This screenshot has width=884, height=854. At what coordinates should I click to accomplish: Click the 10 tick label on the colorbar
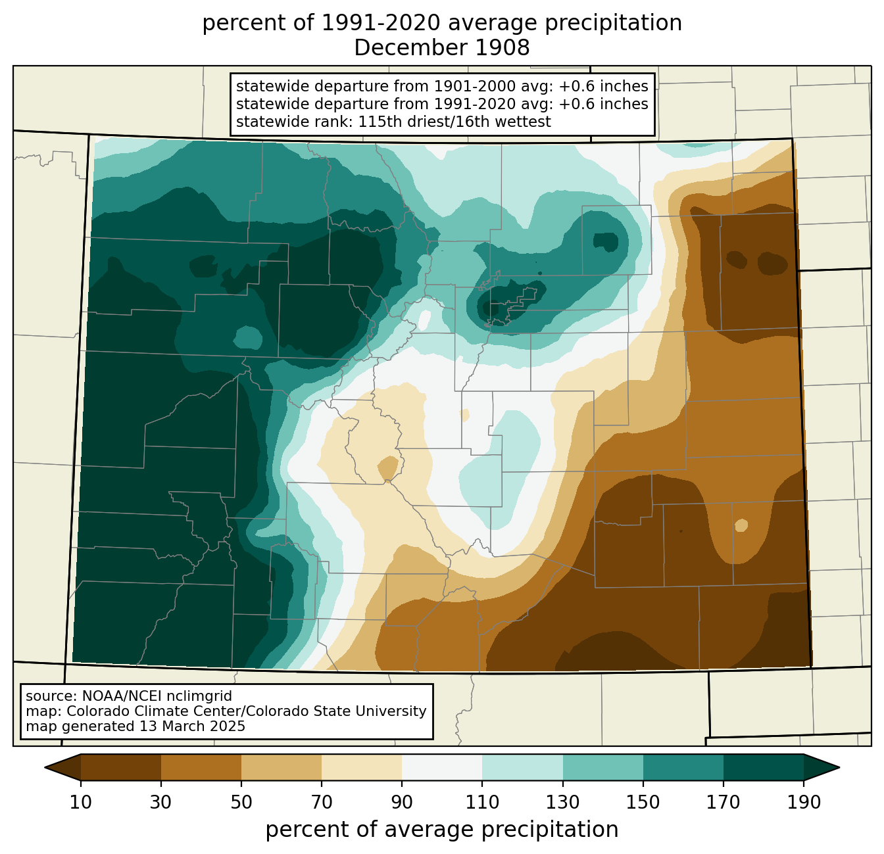(81, 803)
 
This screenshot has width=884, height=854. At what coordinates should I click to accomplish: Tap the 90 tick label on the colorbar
(402, 803)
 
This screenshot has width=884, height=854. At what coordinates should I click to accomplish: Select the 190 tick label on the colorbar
(804, 803)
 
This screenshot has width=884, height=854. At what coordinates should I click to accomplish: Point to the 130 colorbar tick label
(563, 803)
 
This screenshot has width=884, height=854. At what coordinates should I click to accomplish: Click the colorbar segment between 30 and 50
(201, 767)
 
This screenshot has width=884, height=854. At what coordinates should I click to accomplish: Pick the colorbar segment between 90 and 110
(442, 767)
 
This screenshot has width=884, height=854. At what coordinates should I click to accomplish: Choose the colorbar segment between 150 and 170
(683, 767)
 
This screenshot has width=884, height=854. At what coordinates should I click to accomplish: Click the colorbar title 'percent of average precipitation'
(442, 830)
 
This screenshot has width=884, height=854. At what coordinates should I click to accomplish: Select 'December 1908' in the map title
(442, 48)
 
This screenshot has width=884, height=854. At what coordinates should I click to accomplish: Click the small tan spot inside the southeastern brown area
(741, 525)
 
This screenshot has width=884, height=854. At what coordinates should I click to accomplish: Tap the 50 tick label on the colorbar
(241, 803)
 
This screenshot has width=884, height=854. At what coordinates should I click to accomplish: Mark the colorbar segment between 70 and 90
(362, 767)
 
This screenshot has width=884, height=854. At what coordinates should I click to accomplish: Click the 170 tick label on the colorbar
(724, 803)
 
